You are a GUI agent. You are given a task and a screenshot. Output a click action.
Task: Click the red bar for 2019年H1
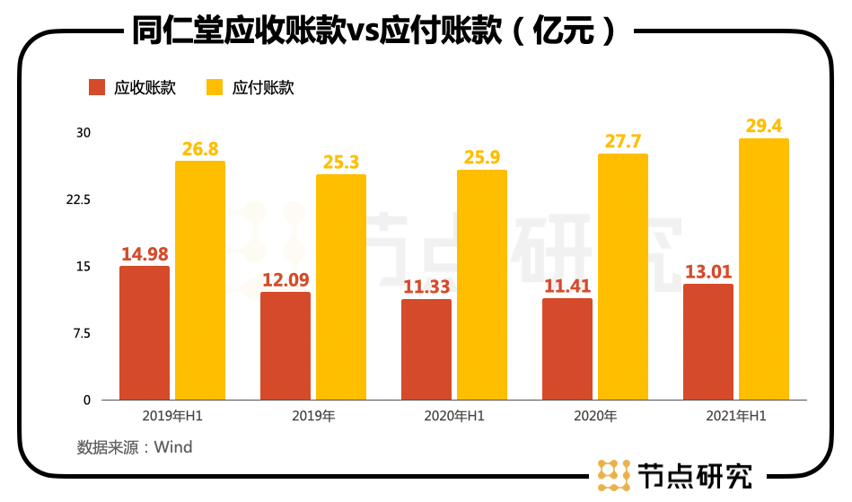(x=145, y=332)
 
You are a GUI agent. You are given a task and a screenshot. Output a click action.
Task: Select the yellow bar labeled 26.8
(x=200, y=280)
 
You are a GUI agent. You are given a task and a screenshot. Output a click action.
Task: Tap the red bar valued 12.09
(x=285, y=346)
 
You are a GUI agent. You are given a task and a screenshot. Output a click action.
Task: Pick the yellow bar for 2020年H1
(x=482, y=285)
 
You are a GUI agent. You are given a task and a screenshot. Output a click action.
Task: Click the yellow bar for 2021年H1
(x=764, y=269)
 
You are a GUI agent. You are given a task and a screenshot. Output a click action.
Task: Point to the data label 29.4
(x=764, y=126)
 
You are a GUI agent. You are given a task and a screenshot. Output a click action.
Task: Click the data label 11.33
(x=426, y=287)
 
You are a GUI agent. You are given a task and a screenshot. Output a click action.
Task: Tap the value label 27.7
(x=623, y=142)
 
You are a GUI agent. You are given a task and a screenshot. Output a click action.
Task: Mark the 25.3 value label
(x=341, y=163)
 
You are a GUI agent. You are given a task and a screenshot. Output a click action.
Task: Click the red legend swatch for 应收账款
(x=97, y=87)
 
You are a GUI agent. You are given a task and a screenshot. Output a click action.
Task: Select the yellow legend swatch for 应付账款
(x=215, y=87)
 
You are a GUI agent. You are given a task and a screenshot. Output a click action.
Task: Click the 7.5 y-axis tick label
(x=82, y=333)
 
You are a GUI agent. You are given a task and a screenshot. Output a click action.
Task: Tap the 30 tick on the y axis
(x=83, y=133)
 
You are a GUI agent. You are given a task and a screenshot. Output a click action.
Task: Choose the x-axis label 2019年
(x=313, y=417)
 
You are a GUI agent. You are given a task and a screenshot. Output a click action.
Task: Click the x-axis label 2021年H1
(x=736, y=417)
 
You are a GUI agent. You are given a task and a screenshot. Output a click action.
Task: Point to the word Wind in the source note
(x=173, y=446)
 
